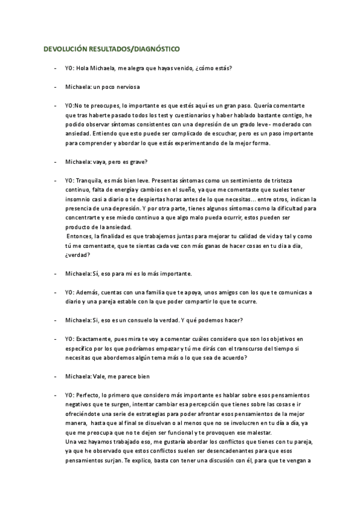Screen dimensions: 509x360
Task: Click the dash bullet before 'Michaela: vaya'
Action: [55, 163]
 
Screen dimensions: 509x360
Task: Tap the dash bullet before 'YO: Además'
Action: [55, 293]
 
